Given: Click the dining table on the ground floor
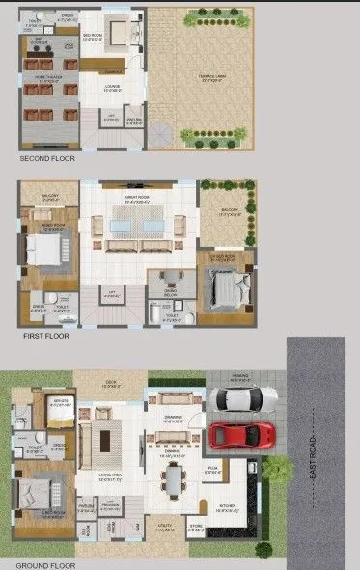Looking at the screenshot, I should pos(174,478).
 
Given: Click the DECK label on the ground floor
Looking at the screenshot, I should pos(110,382).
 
